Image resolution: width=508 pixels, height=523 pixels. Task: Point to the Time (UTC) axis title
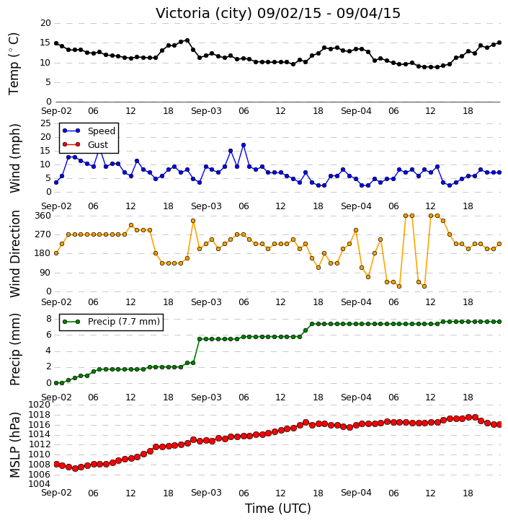pos(278,509)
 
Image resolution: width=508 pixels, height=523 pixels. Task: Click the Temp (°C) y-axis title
pos(14,63)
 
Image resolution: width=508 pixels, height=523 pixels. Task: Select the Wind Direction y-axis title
pos(14,254)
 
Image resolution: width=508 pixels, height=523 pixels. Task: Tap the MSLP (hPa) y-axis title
pos(14,445)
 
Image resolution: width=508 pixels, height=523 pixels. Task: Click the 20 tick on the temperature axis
pos(45,23)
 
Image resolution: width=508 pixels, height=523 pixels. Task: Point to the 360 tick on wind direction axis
pos(43,216)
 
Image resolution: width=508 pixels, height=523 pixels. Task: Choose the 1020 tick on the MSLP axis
pos(40,405)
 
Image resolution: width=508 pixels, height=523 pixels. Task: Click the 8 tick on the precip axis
pos(49,319)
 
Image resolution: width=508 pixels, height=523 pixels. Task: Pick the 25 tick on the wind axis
pos(45,123)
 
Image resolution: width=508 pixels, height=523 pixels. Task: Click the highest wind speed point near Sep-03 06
pos(244,145)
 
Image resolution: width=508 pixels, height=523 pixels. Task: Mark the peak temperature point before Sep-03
pos(187,40)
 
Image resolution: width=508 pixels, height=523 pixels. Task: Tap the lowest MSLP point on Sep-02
pos(75,468)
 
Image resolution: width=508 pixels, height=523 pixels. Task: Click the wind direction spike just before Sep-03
pos(193,221)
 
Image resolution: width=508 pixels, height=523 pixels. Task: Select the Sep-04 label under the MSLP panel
pos(356,493)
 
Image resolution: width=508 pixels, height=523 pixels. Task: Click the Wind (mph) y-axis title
pos(14,158)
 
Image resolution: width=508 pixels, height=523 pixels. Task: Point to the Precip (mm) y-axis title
pos(14,349)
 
